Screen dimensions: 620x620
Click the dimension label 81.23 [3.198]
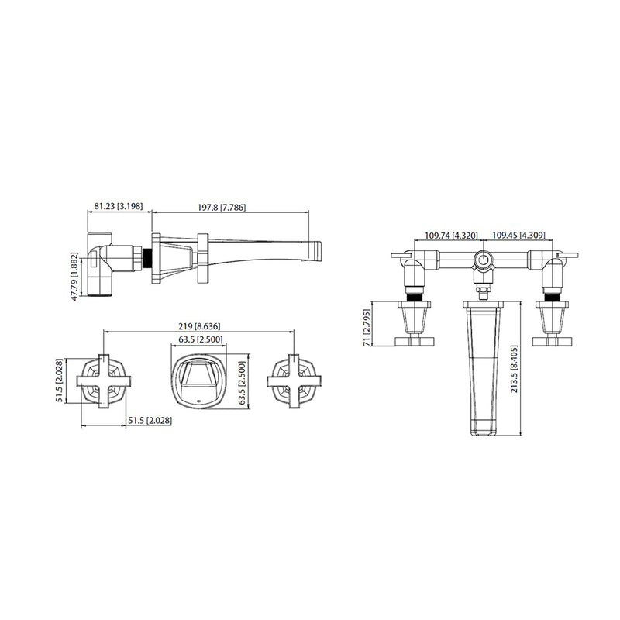coord(119,207)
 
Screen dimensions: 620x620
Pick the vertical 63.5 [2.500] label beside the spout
coord(241,383)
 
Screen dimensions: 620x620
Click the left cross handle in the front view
coord(103,381)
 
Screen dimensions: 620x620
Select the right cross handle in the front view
coord(292,381)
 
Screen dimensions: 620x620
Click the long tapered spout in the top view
coord(484,364)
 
